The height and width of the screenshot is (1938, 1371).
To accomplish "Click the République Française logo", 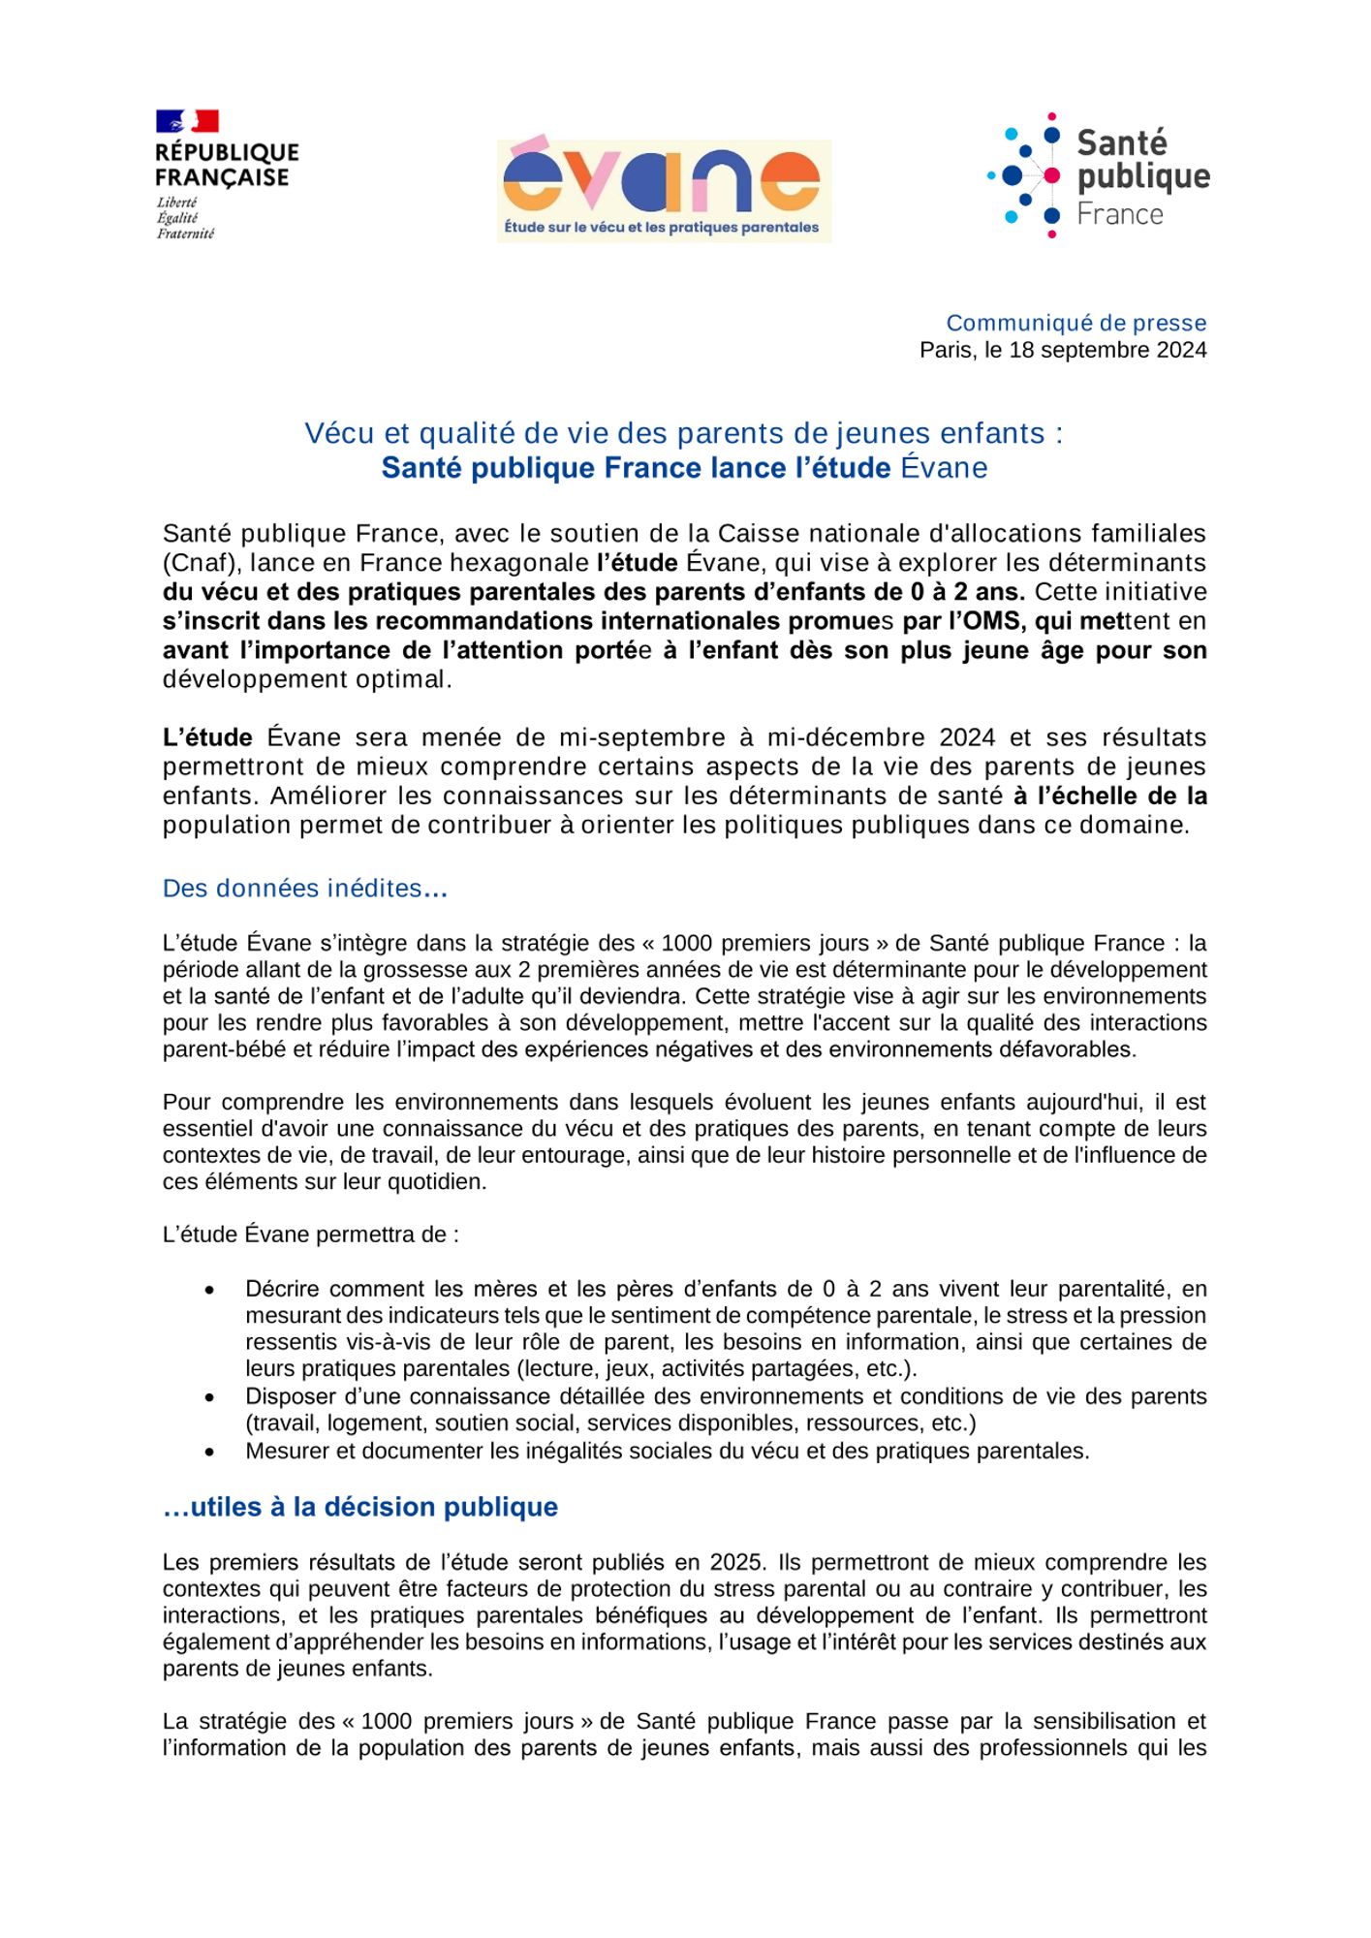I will (227, 174).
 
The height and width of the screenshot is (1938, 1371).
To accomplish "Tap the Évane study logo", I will (664, 191).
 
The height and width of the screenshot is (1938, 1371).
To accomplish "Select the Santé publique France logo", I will (1098, 175).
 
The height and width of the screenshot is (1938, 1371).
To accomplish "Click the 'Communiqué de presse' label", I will (1075, 323).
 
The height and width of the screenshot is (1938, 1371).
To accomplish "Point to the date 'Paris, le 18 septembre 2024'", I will (1063, 350).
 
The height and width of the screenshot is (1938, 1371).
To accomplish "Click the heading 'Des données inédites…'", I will (304, 889).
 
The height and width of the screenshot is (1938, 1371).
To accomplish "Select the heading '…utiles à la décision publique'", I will (360, 1507).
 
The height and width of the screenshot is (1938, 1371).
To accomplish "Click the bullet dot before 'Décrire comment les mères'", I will (210, 1290).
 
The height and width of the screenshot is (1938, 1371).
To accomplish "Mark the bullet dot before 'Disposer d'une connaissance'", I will (210, 1397).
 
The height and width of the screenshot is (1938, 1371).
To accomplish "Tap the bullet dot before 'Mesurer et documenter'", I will (210, 1452).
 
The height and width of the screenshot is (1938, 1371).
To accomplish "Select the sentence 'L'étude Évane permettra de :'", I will (310, 1235).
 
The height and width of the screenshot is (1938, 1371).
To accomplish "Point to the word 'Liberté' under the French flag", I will (177, 203).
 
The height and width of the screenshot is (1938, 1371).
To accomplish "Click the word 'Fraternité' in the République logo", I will (185, 234).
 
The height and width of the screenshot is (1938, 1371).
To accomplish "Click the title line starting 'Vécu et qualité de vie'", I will (684, 433).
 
